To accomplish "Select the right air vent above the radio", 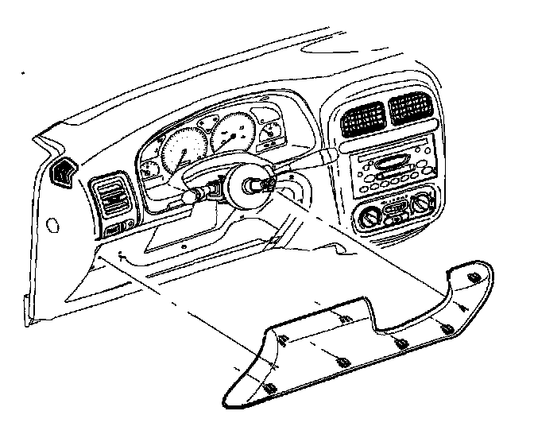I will point(411,111).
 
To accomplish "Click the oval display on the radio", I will point(390,162).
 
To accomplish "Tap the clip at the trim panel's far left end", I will point(269,390).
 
